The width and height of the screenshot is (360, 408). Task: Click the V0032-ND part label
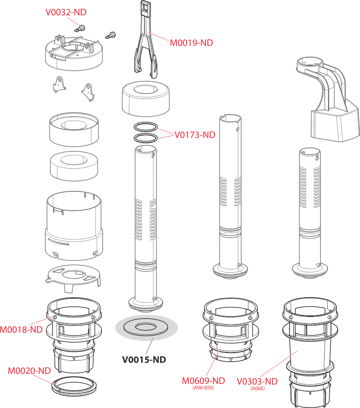point(66,12)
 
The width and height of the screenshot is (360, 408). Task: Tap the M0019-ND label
point(191,43)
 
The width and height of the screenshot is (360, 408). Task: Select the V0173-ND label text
point(195,135)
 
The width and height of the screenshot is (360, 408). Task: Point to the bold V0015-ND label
point(144,360)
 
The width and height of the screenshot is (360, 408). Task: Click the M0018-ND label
point(21,330)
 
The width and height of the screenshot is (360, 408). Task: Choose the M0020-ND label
point(29,371)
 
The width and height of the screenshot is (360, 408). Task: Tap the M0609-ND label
point(203,381)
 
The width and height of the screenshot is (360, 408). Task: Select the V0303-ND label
point(257,381)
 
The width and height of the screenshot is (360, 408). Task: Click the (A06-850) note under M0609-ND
point(203,388)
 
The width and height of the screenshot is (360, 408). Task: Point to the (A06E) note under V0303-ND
point(258,389)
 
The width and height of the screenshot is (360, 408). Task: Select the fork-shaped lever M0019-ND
point(146,39)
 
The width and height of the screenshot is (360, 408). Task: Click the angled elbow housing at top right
point(328,99)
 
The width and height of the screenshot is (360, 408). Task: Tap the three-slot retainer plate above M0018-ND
point(73,277)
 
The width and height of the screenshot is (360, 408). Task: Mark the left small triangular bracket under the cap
point(59,84)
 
